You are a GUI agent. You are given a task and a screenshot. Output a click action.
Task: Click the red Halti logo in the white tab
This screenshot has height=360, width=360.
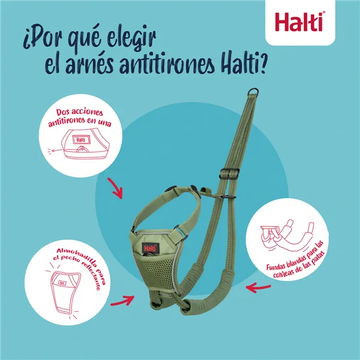click(x=300, y=22)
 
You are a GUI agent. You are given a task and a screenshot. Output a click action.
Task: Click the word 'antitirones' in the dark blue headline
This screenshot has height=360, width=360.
click(x=167, y=64)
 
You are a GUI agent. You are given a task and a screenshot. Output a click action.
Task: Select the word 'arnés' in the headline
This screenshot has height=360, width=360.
click(x=89, y=64)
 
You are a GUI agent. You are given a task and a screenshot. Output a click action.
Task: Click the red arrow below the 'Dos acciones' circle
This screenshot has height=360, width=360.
click(x=115, y=188)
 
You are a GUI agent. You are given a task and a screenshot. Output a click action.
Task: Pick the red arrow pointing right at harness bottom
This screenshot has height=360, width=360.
click(x=122, y=301)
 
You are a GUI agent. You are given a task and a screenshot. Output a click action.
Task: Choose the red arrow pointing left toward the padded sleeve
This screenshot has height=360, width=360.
click(x=258, y=287)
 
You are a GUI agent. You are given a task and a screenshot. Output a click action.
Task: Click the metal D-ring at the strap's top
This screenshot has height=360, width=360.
click(x=253, y=92)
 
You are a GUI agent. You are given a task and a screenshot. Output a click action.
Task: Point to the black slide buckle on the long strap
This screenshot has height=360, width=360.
click(x=229, y=173)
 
